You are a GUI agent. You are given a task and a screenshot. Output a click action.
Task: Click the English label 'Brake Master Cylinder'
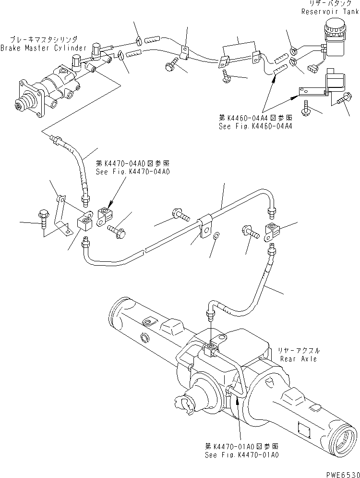[44, 48]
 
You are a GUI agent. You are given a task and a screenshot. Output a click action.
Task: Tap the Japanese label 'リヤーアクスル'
[299, 351]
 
